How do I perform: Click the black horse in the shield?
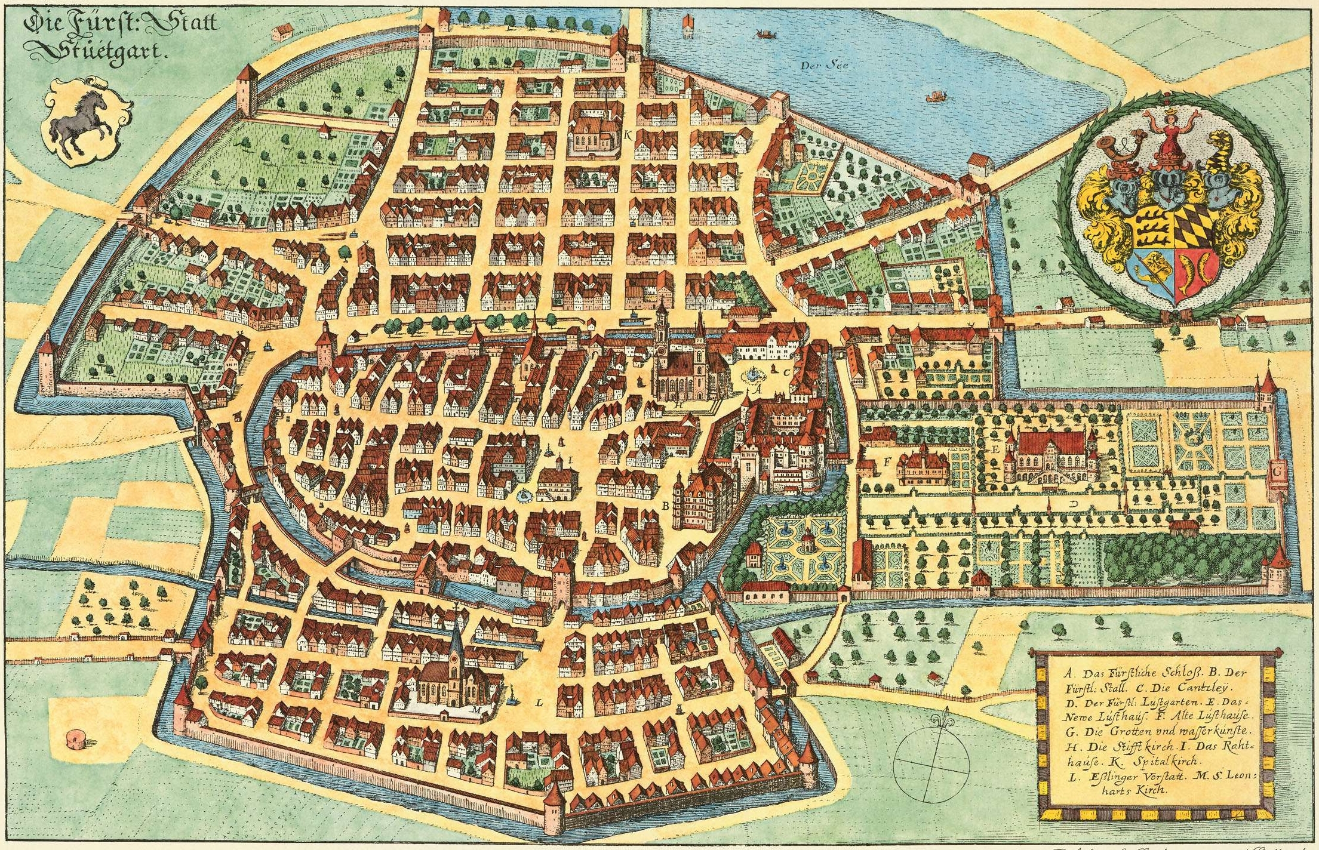pos(81,122)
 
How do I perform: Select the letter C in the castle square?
pos(787,371)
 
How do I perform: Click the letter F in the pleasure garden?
pos(887,461)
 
